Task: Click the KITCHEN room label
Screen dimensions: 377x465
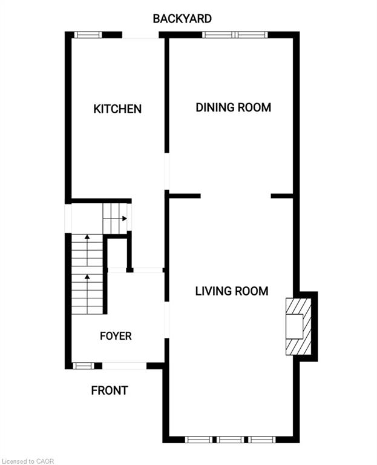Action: tap(117, 109)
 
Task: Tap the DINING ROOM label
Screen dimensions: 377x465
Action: tap(233, 107)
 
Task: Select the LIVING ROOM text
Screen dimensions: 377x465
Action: tap(232, 291)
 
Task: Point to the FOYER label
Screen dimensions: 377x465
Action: tap(116, 336)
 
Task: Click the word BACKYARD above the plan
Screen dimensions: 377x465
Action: tap(182, 19)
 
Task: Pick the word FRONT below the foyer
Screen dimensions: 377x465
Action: tap(110, 391)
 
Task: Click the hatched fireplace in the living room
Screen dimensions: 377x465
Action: tap(298, 326)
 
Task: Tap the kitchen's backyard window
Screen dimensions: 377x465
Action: tap(88, 35)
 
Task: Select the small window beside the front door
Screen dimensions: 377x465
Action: tap(84, 366)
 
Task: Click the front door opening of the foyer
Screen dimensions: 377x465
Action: tap(125, 366)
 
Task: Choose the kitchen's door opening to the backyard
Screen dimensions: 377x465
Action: tap(140, 35)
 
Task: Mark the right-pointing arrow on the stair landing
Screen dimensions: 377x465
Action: tap(123, 219)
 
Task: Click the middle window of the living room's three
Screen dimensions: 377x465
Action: tap(231, 440)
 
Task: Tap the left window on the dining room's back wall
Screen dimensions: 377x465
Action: tap(218, 35)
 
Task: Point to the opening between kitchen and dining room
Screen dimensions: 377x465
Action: tap(167, 171)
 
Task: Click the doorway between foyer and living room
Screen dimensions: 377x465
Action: tap(167, 320)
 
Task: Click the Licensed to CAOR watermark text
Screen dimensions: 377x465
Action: tap(27, 461)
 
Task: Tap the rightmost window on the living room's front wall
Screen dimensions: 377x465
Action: tap(262, 440)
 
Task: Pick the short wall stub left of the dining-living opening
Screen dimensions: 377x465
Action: tap(185, 196)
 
